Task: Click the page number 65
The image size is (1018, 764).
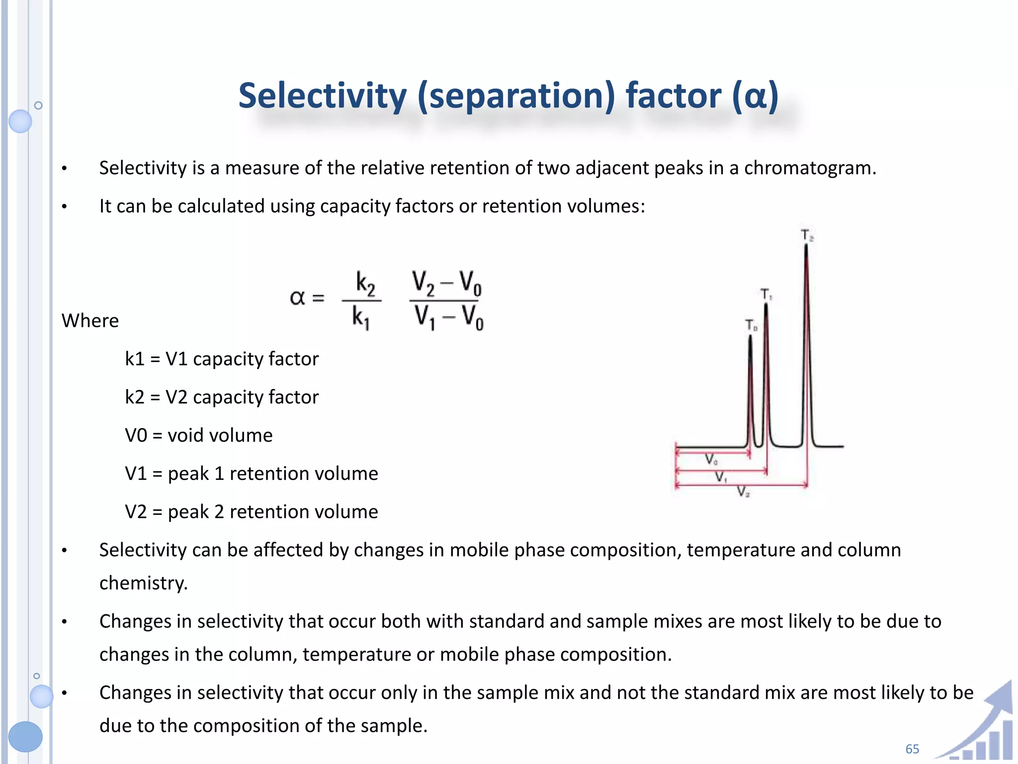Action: point(912,749)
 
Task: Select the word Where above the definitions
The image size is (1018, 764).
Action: point(90,321)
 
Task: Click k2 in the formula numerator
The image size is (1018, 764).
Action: point(365,284)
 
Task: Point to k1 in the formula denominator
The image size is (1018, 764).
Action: point(361,317)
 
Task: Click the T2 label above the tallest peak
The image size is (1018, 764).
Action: point(807,235)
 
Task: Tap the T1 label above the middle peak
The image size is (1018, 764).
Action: point(766,294)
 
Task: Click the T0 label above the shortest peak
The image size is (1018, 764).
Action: point(751,326)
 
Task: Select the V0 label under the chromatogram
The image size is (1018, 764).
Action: point(711,459)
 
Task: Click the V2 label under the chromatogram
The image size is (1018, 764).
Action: point(743,492)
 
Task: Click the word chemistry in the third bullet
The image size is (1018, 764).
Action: point(143,583)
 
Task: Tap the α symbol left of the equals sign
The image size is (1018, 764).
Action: point(297,298)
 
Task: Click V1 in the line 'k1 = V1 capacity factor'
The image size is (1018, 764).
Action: point(176,359)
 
